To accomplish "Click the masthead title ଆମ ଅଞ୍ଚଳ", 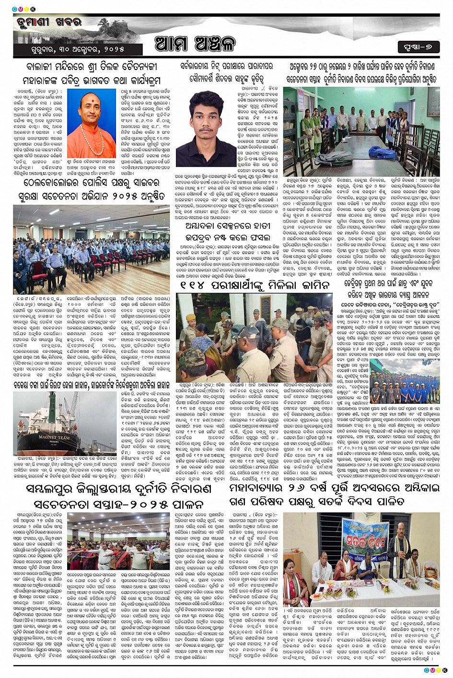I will click(195, 44).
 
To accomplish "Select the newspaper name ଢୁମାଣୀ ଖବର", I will click(49, 22).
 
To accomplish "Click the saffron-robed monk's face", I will click(92, 104).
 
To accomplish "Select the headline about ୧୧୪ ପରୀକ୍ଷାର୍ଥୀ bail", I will click(255, 284).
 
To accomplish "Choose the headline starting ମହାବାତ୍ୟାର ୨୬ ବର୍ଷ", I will click(330, 495).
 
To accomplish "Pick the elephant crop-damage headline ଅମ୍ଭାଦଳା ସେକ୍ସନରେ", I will click(227, 231).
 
